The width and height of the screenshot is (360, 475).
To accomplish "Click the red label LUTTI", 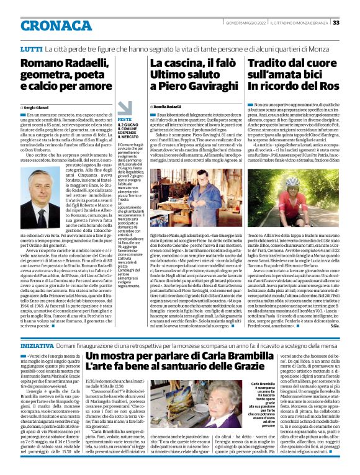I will click(x=30, y=48).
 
